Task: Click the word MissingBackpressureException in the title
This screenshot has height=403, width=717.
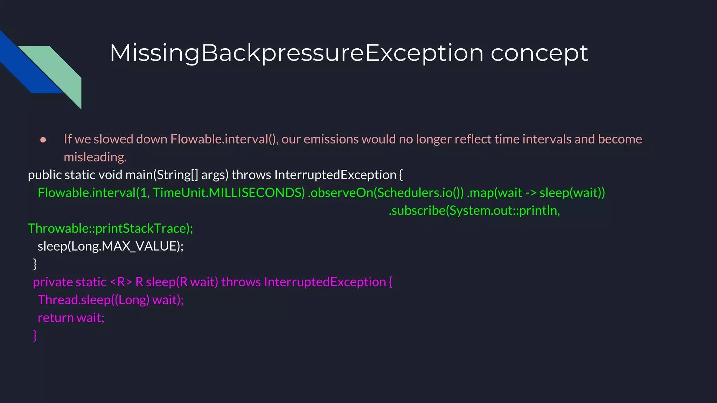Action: click(x=296, y=53)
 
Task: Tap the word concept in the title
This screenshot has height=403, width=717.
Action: click(x=539, y=53)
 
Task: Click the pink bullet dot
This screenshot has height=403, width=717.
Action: click(x=43, y=140)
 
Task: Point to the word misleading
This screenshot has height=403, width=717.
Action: click(x=95, y=157)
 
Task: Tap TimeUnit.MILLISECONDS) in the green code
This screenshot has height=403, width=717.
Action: click(x=229, y=193)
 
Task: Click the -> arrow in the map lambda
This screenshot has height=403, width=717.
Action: click(x=530, y=193)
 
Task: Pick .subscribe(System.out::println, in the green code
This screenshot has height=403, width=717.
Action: click(x=474, y=211)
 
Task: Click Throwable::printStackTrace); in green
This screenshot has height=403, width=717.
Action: click(x=110, y=228)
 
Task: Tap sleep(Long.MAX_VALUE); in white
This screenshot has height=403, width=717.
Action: click(x=110, y=246)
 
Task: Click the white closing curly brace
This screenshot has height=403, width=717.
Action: click(x=35, y=264)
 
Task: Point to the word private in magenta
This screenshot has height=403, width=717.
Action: click(x=52, y=282)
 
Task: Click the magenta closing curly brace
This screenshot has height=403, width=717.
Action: click(x=35, y=335)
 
